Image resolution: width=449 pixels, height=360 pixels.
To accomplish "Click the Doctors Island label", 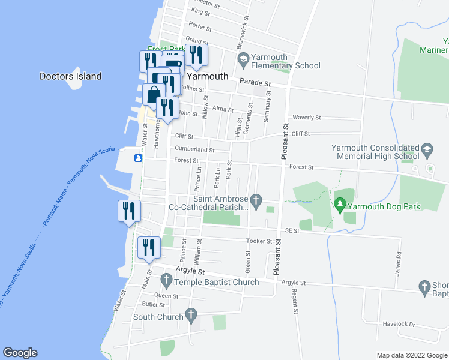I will coord(70,76).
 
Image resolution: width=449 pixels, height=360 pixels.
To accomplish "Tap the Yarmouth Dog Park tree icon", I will coord(340,206).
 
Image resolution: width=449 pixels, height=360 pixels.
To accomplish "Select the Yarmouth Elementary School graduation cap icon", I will coord(243,58).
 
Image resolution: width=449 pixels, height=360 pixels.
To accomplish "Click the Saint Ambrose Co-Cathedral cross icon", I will coord(256,200).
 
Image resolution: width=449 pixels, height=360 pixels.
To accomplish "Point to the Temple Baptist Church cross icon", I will coord(167,280).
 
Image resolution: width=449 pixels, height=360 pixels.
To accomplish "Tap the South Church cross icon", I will coord(191,314).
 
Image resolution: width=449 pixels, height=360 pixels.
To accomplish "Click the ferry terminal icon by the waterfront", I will coord(139,158).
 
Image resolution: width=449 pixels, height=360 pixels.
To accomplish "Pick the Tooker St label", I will coord(259,241).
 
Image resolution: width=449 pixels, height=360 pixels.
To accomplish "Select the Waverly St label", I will coord(306,118).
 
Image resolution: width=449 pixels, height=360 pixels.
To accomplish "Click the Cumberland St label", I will coord(194,149).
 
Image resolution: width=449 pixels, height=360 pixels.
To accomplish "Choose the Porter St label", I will coord(200,28).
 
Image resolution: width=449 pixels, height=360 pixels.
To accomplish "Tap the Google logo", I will coord(20,353).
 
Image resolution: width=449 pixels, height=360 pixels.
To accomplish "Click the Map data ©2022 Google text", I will coord(411,355).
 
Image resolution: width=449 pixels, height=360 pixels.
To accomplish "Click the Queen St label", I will coord(166,295).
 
